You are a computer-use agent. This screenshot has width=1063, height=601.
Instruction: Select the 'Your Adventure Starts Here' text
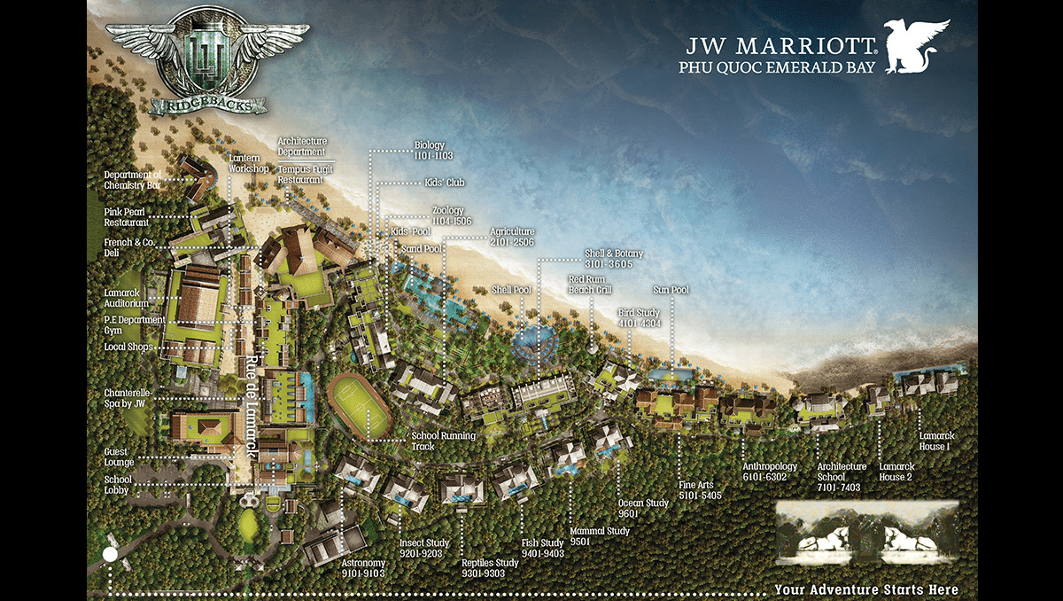click(x=865, y=589)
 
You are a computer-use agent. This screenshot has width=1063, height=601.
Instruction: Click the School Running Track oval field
click(x=359, y=405)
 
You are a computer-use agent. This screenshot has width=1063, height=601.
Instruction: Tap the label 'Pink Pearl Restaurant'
click(x=125, y=217)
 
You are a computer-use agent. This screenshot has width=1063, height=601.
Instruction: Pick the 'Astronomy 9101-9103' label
click(x=363, y=567)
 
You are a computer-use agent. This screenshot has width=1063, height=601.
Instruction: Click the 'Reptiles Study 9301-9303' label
click(x=490, y=567)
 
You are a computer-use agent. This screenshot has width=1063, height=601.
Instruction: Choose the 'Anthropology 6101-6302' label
click(x=770, y=471)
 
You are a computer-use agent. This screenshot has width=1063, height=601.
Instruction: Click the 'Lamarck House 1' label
click(x=936, y=441)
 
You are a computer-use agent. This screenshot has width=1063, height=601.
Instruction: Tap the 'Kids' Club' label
click(x=444, y=183)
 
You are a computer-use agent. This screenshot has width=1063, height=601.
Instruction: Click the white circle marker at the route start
click(x=110, y=555)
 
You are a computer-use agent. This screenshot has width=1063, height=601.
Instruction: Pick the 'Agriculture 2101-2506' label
click(x=512, y=237)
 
